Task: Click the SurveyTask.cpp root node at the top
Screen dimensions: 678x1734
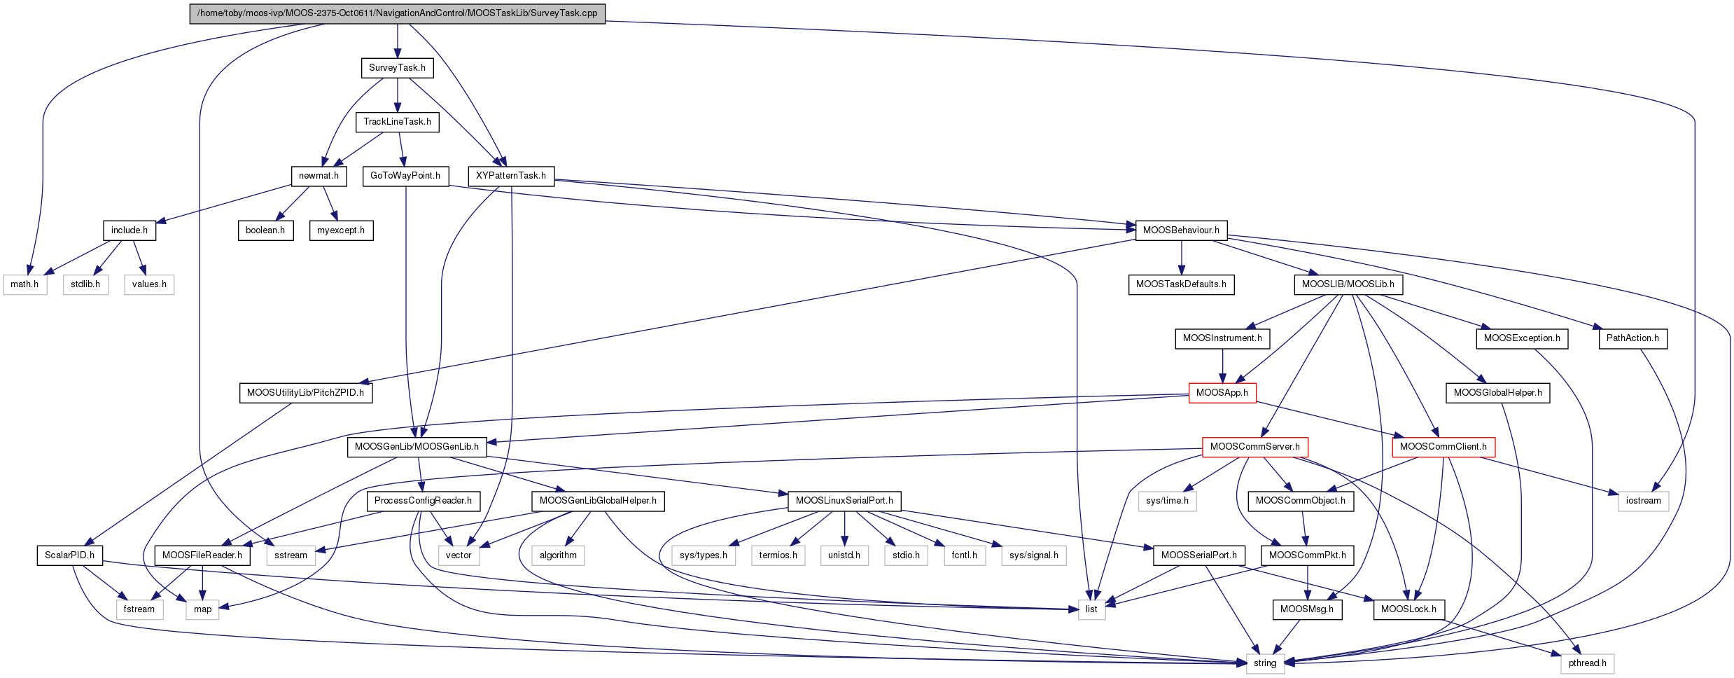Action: coord(397,13)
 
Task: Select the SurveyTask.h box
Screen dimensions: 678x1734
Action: coord(397,68)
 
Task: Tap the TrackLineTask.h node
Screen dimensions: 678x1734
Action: coord(397,122)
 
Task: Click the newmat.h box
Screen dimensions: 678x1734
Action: coord(319,176)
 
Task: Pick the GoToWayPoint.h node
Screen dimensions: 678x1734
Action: coord(405,176)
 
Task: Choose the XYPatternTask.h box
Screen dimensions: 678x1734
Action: coord(511,176)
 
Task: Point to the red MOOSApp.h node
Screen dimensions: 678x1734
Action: coord(1222,393)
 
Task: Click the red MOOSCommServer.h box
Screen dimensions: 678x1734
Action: coord(1254,447)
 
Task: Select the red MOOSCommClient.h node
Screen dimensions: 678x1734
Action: coord(1443,447)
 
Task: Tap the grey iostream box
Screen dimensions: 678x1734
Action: coord(1643,501)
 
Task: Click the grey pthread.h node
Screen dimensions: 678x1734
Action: coord(1587,663)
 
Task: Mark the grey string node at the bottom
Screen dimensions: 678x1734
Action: coord(1265,663)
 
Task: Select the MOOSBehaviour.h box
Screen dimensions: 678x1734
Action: coord(1181,230)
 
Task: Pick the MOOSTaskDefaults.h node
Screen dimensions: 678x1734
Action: coord(1181,284)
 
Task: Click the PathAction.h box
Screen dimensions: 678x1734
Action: coord(1632,338)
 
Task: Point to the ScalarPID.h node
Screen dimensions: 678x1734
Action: coord(69,555)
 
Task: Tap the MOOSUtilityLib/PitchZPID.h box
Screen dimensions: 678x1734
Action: coord(305,393)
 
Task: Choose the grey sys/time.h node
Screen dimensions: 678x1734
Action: coord(1167,501)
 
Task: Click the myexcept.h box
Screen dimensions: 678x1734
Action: coord(341,230)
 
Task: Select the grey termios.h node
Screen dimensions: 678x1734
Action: coord(778,555)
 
